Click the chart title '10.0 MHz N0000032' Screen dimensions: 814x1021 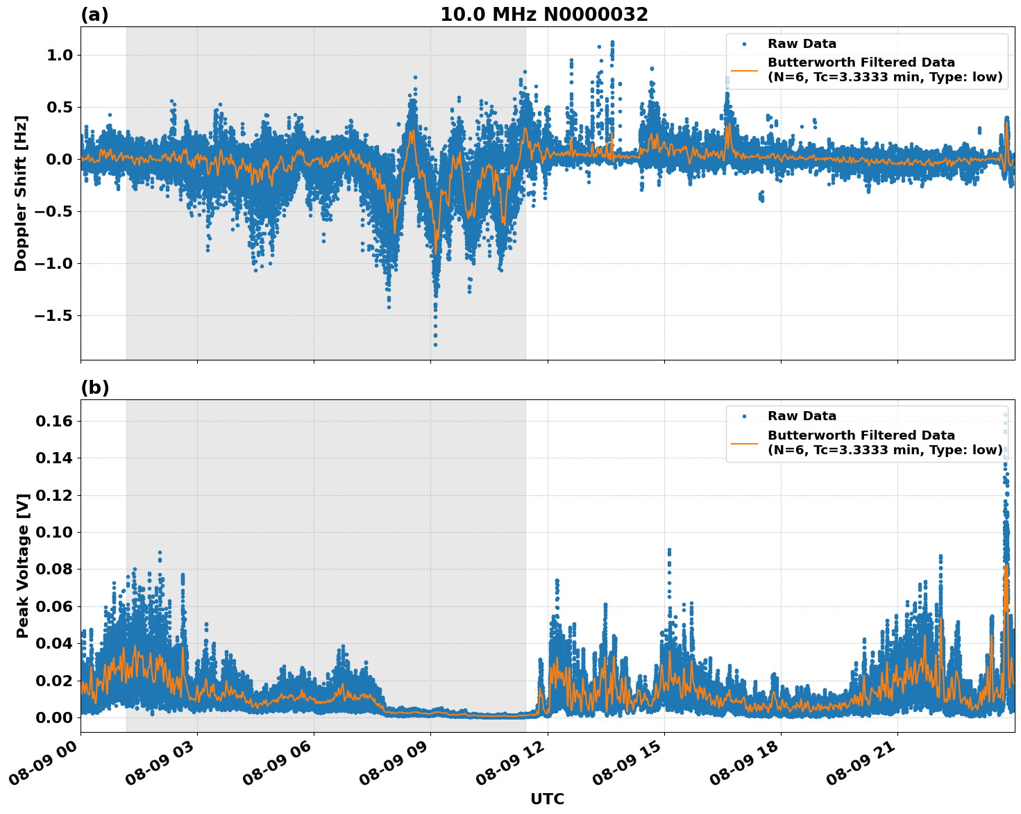(543, 15)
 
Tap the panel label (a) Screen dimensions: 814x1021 (94, 15)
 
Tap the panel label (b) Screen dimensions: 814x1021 (94, 388)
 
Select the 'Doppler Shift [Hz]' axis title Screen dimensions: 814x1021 (21, 193)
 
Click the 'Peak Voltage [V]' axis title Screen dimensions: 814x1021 (23, 565)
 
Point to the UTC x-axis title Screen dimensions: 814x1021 (547, 799)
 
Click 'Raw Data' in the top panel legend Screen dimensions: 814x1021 (802, 44)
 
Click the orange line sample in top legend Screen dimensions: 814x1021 (744, 70)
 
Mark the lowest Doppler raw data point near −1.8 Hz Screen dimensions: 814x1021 (435, 344)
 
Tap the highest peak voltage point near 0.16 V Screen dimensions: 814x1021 (1004, 415)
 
